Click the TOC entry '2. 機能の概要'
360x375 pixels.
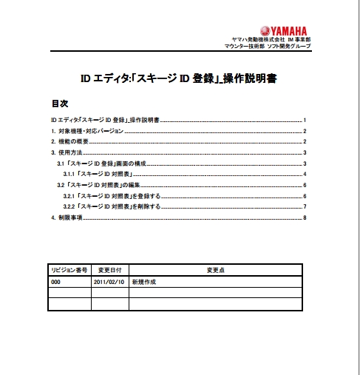coord(70,141)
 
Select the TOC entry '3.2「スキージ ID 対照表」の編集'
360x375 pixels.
coord(99,184)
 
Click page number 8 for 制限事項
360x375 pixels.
coord(305,218)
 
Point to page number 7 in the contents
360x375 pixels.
coord(305,206)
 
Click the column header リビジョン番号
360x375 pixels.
coord(69,270)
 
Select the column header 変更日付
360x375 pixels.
coord(109,270)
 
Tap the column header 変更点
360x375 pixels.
coord(215,270)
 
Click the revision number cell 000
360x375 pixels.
coord(56,282)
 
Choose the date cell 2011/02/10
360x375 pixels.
coord(109,282)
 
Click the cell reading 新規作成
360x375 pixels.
coord(145,282)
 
